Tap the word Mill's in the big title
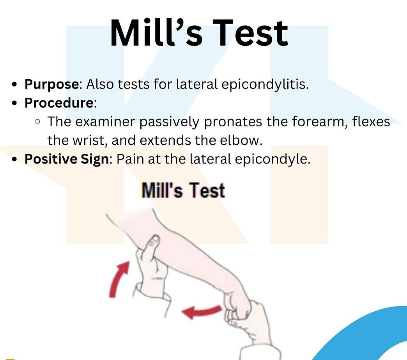tap(156, 33)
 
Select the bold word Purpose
tap(51, 85)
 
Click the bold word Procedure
tap(59, 103)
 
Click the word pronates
tap(233, 122)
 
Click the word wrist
tap(90, 140)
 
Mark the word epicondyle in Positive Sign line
tap(273, 159)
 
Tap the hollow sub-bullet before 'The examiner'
tap(37, 122)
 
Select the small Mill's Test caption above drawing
tap(183, 190)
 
